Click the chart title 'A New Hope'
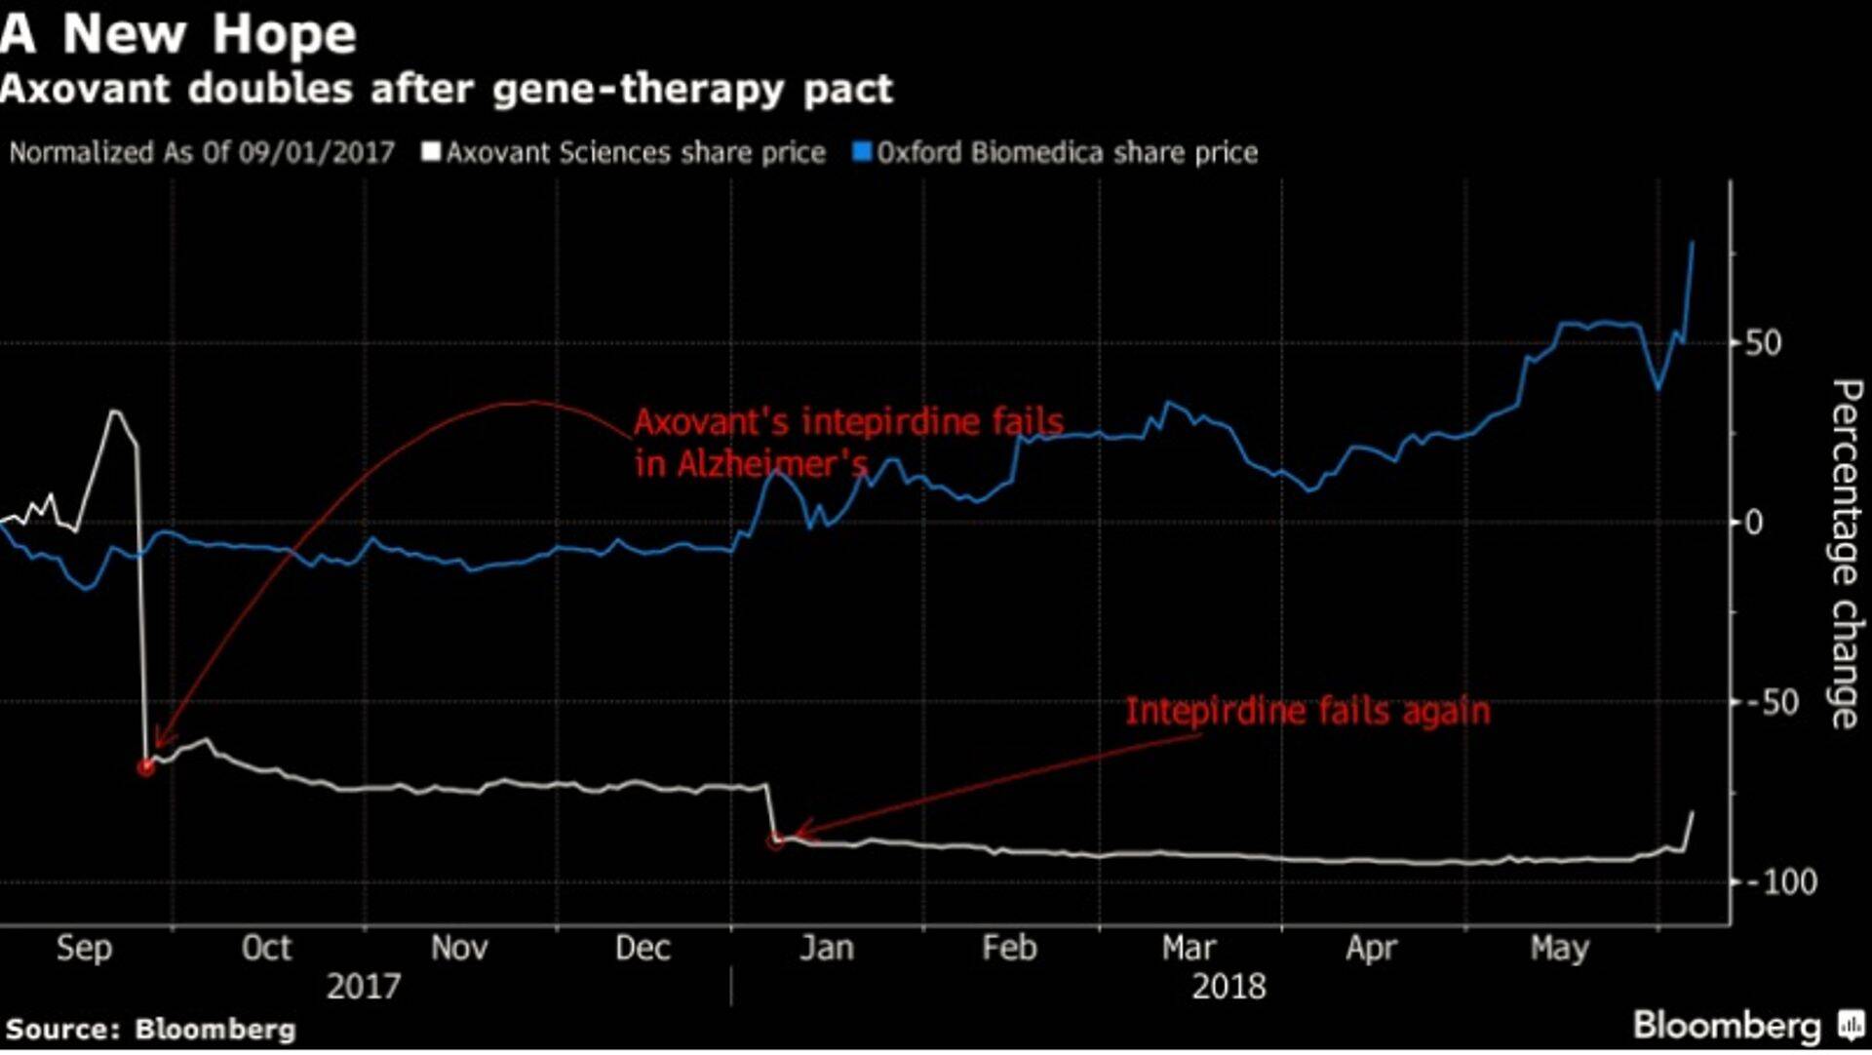178,34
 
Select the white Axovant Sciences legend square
430,152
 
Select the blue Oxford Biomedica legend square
861,152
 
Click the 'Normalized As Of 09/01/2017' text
202,153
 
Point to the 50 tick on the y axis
1763,343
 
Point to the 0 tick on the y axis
1753,523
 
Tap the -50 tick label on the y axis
1772,702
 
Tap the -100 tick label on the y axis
1780,882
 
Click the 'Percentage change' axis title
1846,554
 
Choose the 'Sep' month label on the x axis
84,948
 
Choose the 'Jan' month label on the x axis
826,948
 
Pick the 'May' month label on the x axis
1559,948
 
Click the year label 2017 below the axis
363,987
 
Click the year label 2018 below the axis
1228,987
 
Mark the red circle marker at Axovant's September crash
146,767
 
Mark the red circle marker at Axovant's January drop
775,840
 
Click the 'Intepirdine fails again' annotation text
1307,711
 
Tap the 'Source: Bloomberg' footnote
150,1030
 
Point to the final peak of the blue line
1692,242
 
